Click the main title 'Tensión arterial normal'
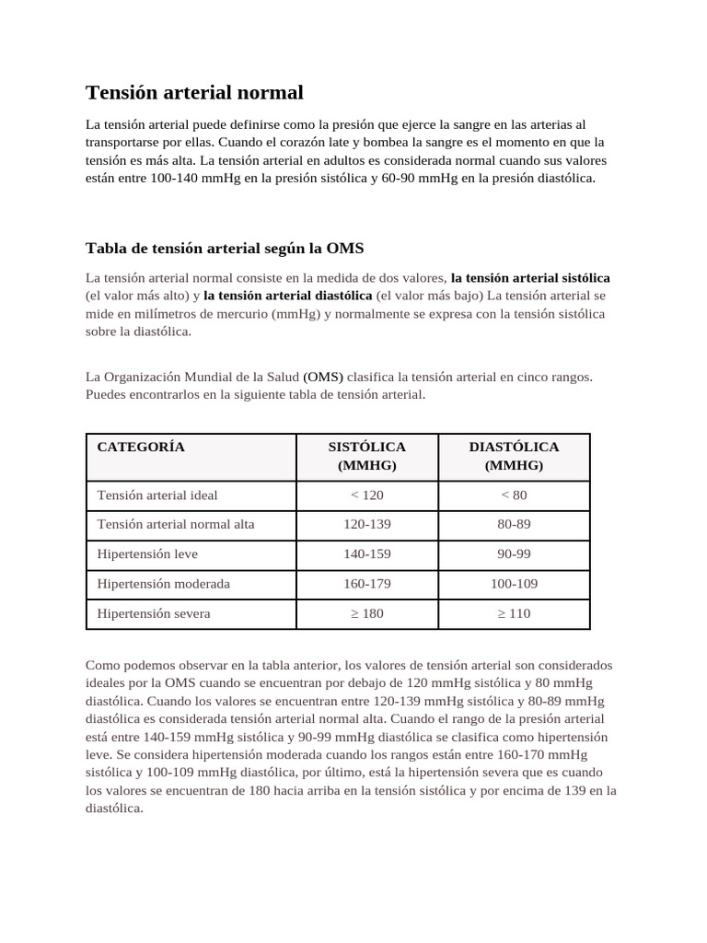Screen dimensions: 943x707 (194, 93)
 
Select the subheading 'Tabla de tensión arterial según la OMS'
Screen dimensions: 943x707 (225, 249)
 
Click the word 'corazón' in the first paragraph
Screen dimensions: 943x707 (342, 142)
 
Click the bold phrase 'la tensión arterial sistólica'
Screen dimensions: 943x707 (530, 277)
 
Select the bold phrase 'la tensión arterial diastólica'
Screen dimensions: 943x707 (288, 296)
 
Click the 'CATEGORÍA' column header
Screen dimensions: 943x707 (141, 447)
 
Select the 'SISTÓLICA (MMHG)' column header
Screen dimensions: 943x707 (366, 456)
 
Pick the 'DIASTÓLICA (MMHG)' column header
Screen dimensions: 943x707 (514, 456)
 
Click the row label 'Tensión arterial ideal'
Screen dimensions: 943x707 (157, 495)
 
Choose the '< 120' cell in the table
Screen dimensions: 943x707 (366, 495)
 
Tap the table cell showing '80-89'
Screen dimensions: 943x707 (514, 525)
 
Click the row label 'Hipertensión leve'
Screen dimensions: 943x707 (147, 554)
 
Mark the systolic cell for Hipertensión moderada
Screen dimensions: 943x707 (366, 584)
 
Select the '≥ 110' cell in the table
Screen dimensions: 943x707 (514, 613)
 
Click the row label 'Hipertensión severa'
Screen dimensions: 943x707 (154, 613)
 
